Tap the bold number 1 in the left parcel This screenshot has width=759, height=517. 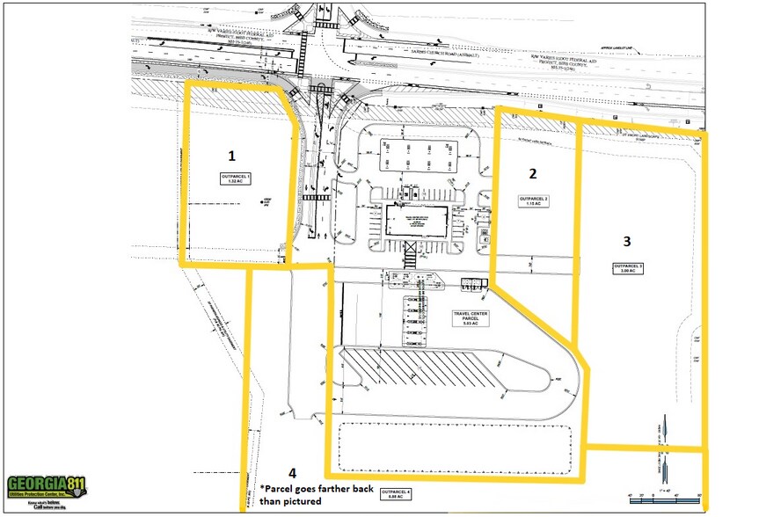231,156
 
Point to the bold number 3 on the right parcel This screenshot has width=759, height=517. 626,240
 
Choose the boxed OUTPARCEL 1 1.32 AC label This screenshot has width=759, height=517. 236,178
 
